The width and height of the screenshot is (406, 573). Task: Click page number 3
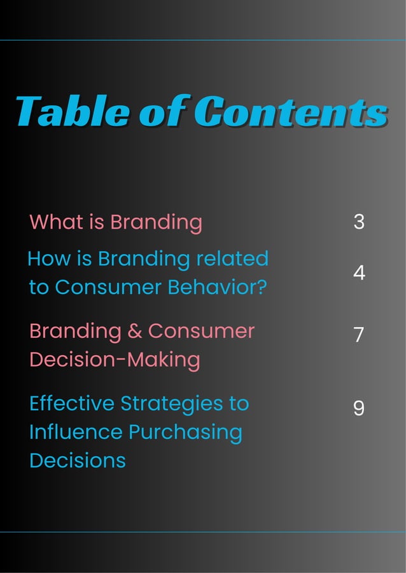click(358, 222)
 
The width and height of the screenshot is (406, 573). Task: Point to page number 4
click(358, 273)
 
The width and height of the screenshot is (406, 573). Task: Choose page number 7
click(358, 335)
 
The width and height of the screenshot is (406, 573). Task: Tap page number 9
click(358, 408)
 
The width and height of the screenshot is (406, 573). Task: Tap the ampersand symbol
click(134, 332)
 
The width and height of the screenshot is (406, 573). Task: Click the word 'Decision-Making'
click(115, 360)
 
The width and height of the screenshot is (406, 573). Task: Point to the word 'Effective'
click(71, 403)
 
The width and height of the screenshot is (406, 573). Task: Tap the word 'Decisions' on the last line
click(77, 461)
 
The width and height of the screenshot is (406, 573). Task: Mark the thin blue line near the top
click(203, 40)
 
